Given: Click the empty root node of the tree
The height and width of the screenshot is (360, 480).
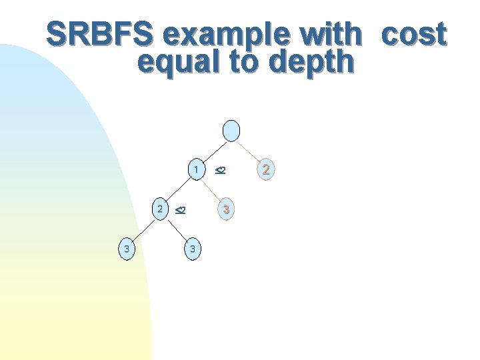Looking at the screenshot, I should (x=231, y=131).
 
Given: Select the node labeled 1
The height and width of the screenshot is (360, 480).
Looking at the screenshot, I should (x=195, y=170).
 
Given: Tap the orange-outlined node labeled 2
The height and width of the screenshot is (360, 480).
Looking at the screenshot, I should (x=266, y=170).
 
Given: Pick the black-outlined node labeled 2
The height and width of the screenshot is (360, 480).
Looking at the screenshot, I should (x=160, y=209).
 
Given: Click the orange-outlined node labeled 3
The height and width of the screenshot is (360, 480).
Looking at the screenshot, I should (x=227, y=210).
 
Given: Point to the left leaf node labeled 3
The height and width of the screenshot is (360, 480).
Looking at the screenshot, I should (x=125, y=249).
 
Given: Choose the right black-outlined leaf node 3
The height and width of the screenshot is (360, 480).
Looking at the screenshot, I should (x=192, y=249).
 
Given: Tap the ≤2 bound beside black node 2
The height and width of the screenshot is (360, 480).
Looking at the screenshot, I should (x=180, y=211).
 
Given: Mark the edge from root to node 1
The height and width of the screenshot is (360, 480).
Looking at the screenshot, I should (x=213, y=150).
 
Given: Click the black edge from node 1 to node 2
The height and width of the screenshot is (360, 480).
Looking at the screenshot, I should (x=178, y=189).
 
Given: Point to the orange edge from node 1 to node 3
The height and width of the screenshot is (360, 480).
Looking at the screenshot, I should (x=212, y=190).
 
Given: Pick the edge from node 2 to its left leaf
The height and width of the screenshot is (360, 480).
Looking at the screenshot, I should (x=143, y=229).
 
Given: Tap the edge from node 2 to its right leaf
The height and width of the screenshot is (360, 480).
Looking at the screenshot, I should (x=176, y=229).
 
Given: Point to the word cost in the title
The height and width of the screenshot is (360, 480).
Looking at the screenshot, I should (x=413, y=34).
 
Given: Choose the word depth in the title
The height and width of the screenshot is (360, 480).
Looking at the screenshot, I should (x=311, y=61).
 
